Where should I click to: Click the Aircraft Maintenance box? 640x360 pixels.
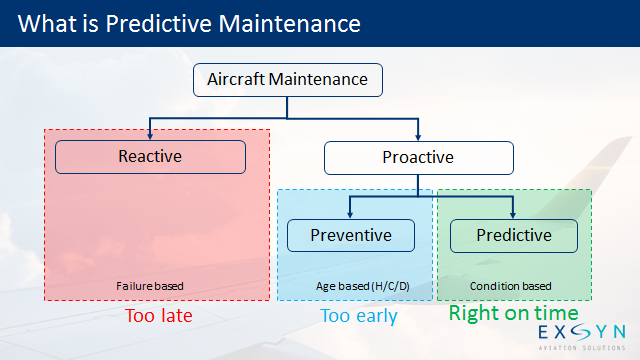(287, 79)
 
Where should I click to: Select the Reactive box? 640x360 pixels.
(150, 156)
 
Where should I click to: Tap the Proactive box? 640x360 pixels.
(418, 157)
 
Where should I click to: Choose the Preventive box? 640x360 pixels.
(350, 235)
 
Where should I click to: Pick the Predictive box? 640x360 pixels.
(513, 235)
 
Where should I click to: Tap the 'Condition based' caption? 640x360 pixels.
(510, 287)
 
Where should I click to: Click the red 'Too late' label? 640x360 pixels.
(158, 316)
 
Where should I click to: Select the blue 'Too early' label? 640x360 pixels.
(358, 316)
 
